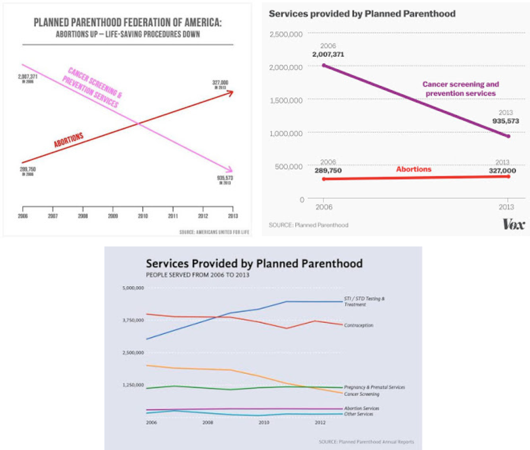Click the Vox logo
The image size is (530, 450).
[x=513, y=224]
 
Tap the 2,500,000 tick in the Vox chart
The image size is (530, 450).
[x=286, y=34]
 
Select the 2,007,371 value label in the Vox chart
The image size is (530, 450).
[x=328, y=54]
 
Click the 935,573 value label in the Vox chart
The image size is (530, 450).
[x=505, y=121]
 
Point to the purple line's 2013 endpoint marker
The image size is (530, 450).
[x=508, y=136]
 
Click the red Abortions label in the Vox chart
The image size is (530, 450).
[x=413, y=169]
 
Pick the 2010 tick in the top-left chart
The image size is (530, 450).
[x=143, y=216]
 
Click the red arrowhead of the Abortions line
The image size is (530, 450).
[x=230, y=93]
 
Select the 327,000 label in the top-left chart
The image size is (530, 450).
[x=220, y=83]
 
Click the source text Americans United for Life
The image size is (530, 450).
[x=214, y=232]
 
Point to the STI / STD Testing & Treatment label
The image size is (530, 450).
[x=364, y=301]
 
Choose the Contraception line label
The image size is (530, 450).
[x=359, y=325]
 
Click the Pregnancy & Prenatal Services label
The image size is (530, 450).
[x=374, y=387]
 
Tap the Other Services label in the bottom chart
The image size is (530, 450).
[x=359, y=414]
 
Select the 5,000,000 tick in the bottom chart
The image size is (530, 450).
[x=133, y=288]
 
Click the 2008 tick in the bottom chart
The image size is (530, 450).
[x=207, y=423]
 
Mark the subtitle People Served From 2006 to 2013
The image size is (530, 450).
[x=197, y=275]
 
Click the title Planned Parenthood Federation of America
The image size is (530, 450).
[x=127, y=23]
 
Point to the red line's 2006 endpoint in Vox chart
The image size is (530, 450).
[x=323, y=179]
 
